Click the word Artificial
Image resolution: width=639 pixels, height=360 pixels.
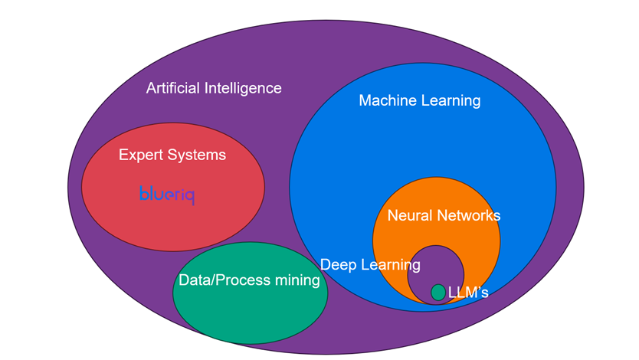pos(172,88)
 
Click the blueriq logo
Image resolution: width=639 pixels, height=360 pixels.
pos(167,195)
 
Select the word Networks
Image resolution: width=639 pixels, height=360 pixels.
pos(468,215)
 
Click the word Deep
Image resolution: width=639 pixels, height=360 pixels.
pos(337,265)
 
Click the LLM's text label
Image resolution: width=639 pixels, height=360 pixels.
pos(468,293)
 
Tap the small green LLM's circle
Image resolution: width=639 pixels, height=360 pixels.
pos(437,293)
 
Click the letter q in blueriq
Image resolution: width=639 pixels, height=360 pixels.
pos(189,197)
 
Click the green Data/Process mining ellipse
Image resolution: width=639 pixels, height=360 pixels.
pos(245,314)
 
